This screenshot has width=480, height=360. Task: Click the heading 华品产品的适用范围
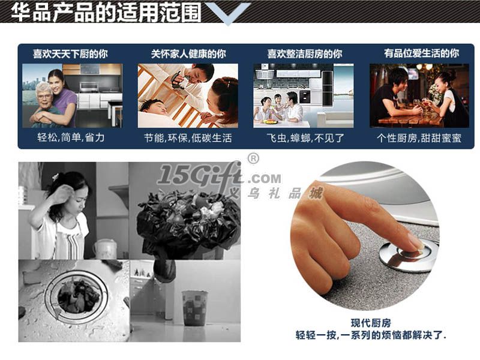tap(106, 12)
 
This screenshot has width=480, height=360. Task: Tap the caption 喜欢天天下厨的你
tap(70, 54)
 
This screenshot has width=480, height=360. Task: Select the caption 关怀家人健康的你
tap(188, 54)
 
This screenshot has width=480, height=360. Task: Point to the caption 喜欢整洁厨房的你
tap(305, 54)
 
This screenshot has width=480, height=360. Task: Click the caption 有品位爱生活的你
tap(422, 53)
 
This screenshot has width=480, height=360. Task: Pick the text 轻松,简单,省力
tap(71, 137)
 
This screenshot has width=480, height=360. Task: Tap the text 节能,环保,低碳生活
tap(188, 138)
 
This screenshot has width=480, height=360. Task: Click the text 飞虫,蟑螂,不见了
tap(305, 138)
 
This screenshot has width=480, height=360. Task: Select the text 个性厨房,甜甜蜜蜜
tap(419, 138)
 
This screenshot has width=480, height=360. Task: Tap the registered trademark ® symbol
tap(253, 158)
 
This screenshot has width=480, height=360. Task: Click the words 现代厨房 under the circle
tap(371, 323)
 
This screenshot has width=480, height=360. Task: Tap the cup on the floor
tap(194, 308)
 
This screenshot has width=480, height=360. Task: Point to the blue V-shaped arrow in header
tap(228, 13)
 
